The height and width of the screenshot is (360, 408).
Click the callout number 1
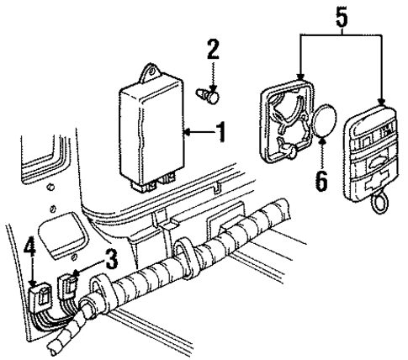tap(221, 132)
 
